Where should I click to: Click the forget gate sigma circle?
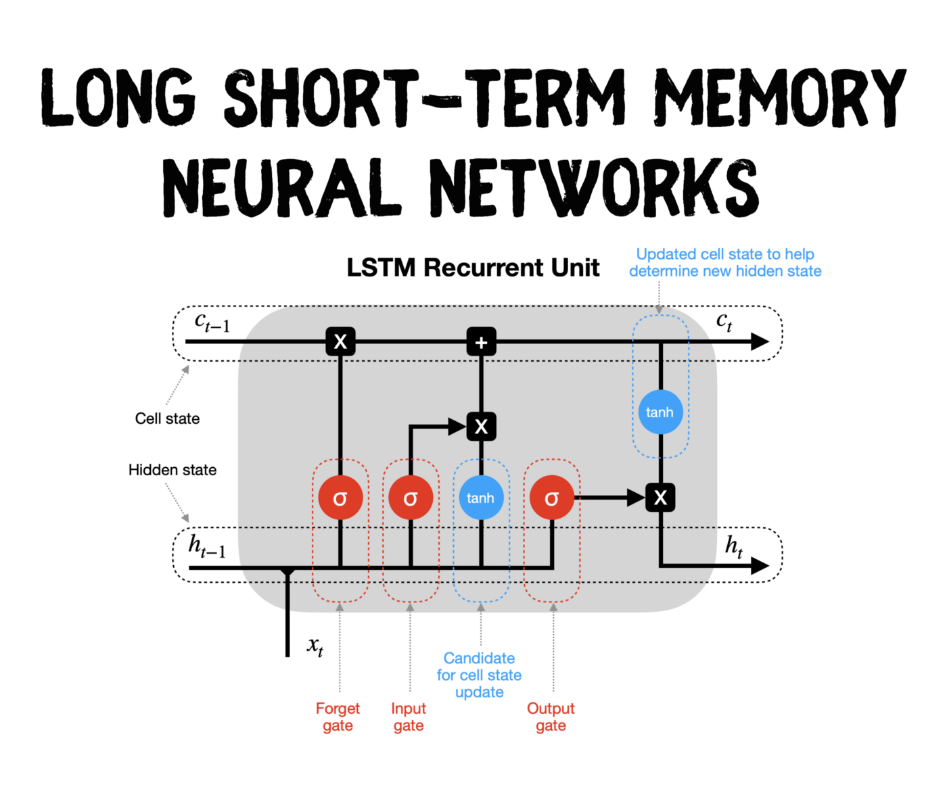point(340,498)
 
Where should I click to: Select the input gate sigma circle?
point(411,498)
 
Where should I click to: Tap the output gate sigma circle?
point(552,498)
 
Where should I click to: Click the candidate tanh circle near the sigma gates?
point(481,498)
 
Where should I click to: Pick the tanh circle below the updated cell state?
point(660,412)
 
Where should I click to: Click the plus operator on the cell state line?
point(481,342)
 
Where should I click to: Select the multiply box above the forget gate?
point(340,342)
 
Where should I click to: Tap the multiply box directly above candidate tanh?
point(481,427)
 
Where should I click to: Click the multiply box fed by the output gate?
point(660,498)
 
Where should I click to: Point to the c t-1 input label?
point(212,322)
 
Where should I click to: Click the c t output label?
point(724,321)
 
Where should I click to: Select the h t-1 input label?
point(207,546)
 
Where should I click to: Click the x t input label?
point(315,646)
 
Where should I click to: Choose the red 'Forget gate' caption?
point(338,717)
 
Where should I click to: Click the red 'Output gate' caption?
point(551,717)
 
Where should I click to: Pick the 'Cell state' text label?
point(167,418)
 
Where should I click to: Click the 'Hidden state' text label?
point(172,470)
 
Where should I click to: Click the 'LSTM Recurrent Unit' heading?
point(473,268)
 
